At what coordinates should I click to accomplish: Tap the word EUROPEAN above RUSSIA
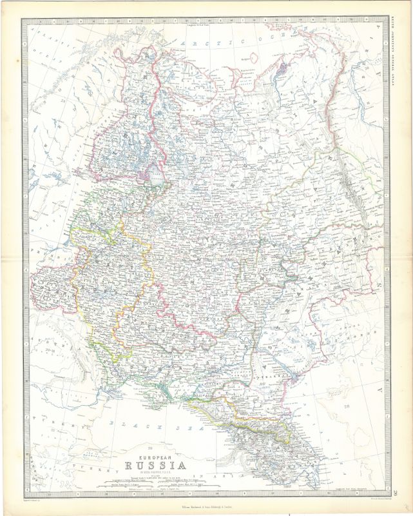click(155, 454)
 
